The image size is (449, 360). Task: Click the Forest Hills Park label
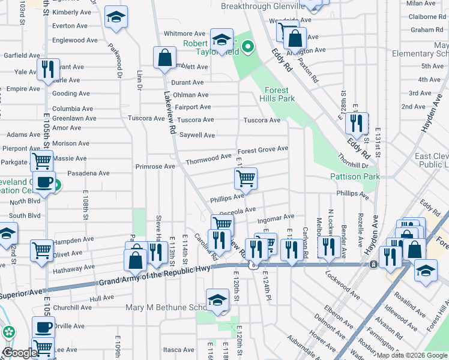pyautogui.click(x=279, y=94)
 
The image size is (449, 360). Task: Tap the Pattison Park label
pyautogui.click(x=355, y=176)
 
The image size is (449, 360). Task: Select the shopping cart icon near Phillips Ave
pyautogui.click(x=246, y=179)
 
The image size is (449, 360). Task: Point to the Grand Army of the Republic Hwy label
pyautogui.click(x=154, y=275)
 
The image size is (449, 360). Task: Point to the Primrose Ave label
pyautogui.click(x=155, y=166)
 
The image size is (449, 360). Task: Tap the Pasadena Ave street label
pyautogui.click(x=88, y=173)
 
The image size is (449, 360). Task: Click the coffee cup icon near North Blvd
pyautogui.click(x=44, y=183)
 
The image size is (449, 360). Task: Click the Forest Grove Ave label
pyautogui.click(x=262, y=149)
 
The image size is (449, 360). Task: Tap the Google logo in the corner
pyautogui.click(x=20, y=353)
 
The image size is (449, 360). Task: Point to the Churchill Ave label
pyautogui.click(x=72, y=307)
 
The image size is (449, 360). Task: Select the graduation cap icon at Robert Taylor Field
pyautogui.click(x=221, y=41)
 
